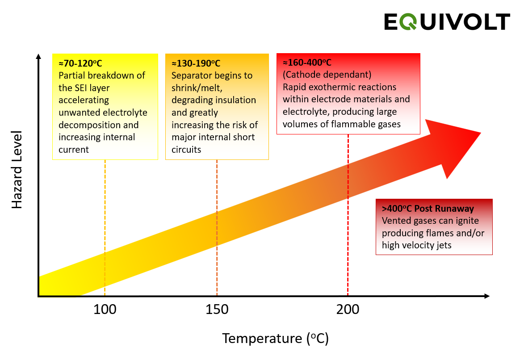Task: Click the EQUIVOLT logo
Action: pos(447,22)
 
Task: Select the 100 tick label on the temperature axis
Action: pos(105,309)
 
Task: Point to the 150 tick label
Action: pos(217,309)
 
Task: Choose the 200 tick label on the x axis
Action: pos(348,309)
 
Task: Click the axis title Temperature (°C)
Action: pos(275,338)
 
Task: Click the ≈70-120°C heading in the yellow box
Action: pos(80,63)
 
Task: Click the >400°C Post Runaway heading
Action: pos(428,209)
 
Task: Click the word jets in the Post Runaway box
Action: pos(442,245)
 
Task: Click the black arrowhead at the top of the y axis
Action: pos(38,57)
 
